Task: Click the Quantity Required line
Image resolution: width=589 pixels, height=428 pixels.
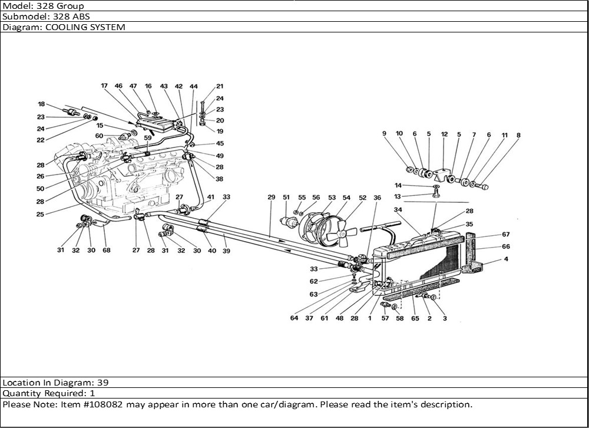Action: click(x=49, y=393)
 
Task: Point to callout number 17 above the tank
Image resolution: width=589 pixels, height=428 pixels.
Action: click(x=104, y=86)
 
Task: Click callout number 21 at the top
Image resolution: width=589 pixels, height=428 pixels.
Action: click(x=220, y=86)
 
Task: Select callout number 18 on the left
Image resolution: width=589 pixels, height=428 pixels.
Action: click(x=42, y=104)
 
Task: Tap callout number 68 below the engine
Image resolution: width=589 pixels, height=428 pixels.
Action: click(x=106, y=250)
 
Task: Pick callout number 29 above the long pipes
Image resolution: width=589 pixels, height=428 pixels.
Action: click(x=271, y=197)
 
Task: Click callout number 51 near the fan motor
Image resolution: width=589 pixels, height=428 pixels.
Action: click(x=286, y=197)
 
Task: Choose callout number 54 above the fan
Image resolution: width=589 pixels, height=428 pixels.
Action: click(x=347, y=197)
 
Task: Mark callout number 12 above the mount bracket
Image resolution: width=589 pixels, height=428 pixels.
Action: click(x=444, y=134)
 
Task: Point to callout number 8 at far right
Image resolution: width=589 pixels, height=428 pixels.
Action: click(x=518, y=135)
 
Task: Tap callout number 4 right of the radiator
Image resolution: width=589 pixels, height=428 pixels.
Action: click(x=506, y=259)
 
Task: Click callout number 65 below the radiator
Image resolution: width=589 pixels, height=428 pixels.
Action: click(x=415, y=318)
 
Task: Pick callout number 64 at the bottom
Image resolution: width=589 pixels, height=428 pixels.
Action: click(x=294, y=318)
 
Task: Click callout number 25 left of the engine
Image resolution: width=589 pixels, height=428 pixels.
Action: click(x=41, y=214)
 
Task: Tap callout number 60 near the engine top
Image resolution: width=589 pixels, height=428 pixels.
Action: click(x=100, y=136)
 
